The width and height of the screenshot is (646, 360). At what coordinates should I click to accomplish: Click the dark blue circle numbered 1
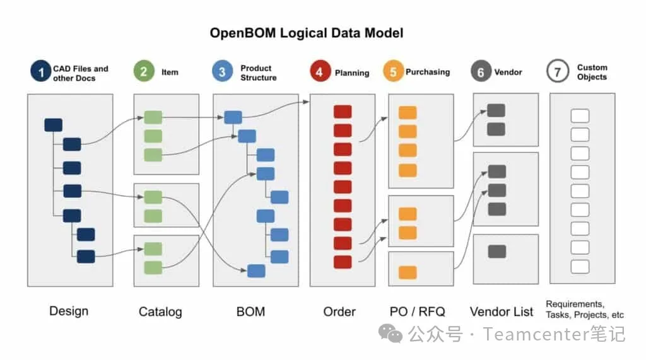click(41, 73)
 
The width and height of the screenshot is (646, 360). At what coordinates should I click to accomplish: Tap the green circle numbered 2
click(144, 71)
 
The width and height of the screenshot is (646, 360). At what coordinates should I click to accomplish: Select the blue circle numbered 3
click(222, 72)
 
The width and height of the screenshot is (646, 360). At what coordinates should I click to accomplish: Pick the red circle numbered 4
click(319, 72)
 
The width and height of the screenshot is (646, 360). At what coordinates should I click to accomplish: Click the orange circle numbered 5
click(393, 72)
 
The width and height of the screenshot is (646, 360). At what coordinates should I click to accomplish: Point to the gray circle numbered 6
click(481, 72)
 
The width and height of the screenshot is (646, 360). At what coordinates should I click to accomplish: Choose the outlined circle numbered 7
click(558, 72)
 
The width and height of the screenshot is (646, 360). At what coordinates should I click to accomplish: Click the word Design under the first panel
click(69, 311)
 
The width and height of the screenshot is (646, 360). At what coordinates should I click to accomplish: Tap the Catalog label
click(160, 311)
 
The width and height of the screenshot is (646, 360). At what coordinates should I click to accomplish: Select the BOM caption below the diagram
click(250, 311)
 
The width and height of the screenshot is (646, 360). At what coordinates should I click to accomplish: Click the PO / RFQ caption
click(418, 311)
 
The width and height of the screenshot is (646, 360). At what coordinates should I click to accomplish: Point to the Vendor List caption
click(502, 311)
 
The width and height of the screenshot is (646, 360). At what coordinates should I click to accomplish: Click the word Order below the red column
click(339, 311)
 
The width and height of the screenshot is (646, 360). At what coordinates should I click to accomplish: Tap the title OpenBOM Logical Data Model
click(307, 33)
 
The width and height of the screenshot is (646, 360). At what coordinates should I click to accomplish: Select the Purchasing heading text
click(428, 72)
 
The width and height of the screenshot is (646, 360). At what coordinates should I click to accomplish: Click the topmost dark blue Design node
click(54, 125)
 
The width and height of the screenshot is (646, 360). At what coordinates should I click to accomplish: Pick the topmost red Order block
click(343, 112)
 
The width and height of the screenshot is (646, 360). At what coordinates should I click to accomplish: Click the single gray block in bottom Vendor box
click(497, 252)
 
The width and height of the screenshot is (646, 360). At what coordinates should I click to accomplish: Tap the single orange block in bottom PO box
click(408, 272)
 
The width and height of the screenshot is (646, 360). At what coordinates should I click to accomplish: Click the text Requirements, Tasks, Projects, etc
click(585, 310)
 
